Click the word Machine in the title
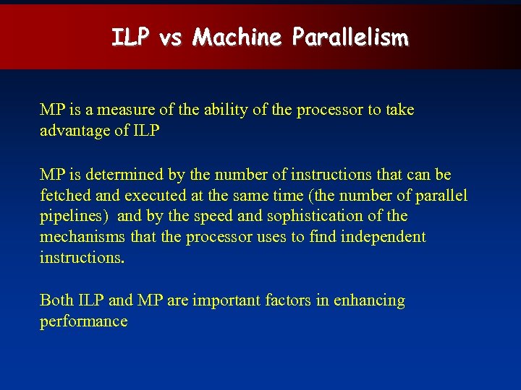[x=237, y=37]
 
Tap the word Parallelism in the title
[x=350, y=37]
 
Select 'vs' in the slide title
[x=169, y=38]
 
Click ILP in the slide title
[x=130, y=37]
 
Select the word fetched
[x=64, y=196]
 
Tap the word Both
[x=56, y=300]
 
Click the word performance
[x=83, y=321]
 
